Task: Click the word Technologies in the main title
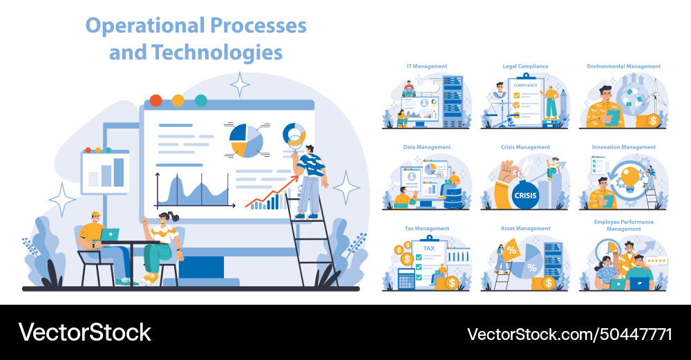point(218,53)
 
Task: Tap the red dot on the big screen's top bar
point(155,100)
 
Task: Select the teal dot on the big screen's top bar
point(200,100)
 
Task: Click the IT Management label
point(426,66)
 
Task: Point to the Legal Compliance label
point(525,66)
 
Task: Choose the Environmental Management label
point(623,66)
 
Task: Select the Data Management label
point(426,147)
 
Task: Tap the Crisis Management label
point(525,147)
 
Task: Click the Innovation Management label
point(623,147)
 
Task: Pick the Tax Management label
point(426,228)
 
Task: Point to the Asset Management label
point(525,228)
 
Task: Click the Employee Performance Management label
point(623,225)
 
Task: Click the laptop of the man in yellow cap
point(109,235)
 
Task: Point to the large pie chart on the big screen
point(246,140)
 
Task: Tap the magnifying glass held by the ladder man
point(295,143)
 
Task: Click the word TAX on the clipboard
point(429,248)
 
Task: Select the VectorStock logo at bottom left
point(84,332)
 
